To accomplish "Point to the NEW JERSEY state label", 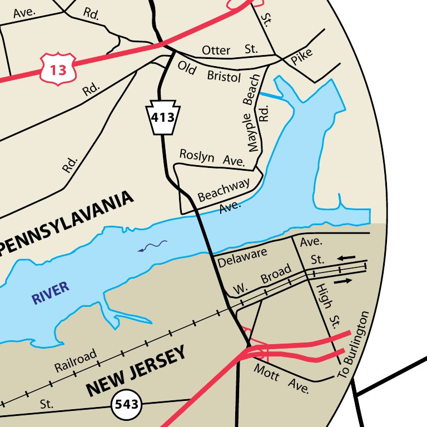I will (135, 372).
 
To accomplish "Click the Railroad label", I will (76, 360).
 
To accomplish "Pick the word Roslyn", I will (197, 156).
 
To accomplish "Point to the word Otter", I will (216, 50).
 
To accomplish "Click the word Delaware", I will (242, 257).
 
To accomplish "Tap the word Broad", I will (276, 275).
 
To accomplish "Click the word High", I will (322, 295).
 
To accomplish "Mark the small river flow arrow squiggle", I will (153, 246).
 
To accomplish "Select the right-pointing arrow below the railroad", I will (343, 281).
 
